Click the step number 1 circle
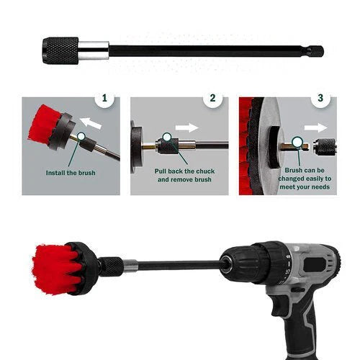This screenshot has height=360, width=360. [x=107, y=98]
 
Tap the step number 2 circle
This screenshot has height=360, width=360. [x=212, y=98]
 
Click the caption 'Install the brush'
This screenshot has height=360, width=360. [x=71, y=174]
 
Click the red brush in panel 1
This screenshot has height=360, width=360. [x=45, y=127]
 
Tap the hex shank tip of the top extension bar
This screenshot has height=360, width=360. [x=315, y=51]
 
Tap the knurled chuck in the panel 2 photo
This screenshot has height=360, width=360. [x=168, y=145]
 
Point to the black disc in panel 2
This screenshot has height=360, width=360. [x=135, y=147]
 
